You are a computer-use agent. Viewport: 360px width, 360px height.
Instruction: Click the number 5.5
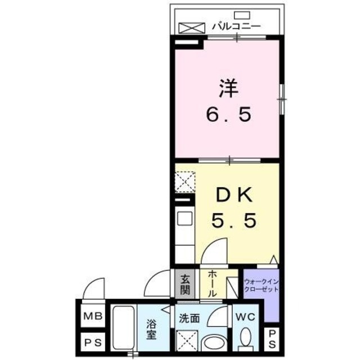click(235, 220)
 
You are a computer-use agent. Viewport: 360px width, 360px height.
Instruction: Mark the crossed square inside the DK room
click(183, 182)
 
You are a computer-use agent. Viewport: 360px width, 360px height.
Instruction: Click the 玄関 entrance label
click(184, 285)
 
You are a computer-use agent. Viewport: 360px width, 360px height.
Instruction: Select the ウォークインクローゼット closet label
click(261, 285)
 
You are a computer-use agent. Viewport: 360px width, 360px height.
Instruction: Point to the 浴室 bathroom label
click(151, 330)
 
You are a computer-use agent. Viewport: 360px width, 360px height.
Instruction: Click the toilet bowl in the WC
click(246, 339)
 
